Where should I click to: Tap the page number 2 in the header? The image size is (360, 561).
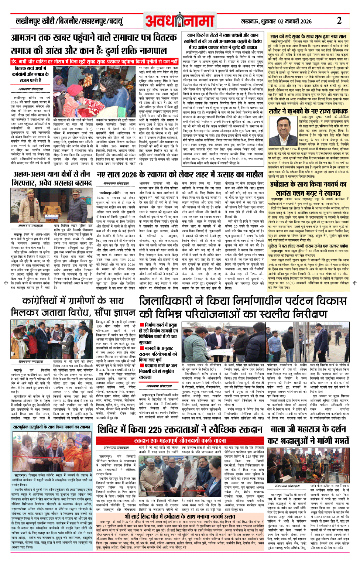coord(339,21)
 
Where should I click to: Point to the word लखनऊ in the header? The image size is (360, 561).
coord(249,21)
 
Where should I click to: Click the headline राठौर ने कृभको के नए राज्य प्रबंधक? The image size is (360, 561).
coord(308,111)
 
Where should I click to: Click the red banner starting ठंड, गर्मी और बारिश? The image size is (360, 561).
coord(95,61)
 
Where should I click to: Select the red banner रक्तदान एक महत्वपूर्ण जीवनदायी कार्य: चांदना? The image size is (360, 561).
coord(180,441)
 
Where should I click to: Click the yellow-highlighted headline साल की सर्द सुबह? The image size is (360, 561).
coord(308,37)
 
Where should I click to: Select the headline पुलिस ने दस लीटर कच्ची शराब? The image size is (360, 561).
coord(308,246)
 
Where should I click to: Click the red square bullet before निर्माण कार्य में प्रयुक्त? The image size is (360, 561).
coord(141,325)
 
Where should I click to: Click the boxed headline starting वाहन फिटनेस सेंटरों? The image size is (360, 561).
coord(224,41)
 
